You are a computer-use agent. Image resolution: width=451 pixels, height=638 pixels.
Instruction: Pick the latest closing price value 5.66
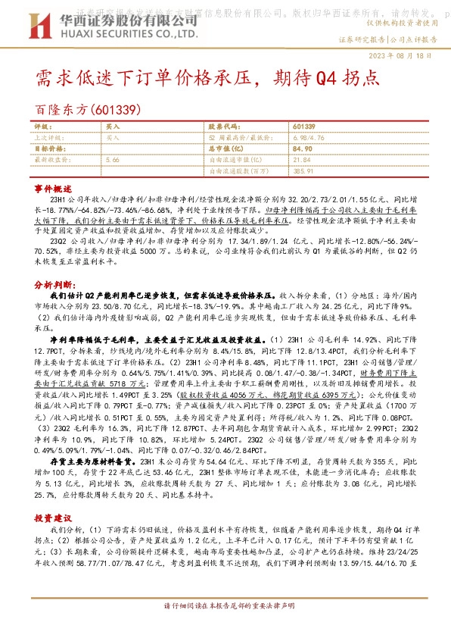[113, 160]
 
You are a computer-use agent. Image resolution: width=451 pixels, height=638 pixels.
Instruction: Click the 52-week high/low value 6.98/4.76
[308, 138]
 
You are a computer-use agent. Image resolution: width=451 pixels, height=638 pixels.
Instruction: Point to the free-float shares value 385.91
[303, 171]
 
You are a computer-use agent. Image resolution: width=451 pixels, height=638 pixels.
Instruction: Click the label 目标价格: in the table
[48, 149]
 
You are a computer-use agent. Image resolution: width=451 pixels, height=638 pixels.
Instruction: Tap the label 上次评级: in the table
[48, 138]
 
